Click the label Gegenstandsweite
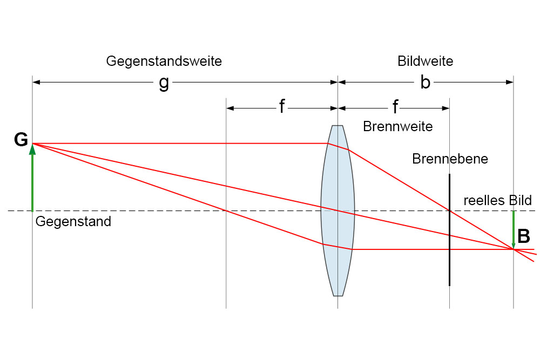coord(164,61)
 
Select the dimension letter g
coord(164,83)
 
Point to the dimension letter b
coord(426,83)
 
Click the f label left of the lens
coord(281,107)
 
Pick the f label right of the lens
coord(395,107)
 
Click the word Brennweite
coord(398,127)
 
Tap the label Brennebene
coord(450,159)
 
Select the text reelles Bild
coord(497,200)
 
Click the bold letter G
coord(21,140)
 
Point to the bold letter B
coord(524,236)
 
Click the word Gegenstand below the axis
coord(73,221)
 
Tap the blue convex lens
coord(338,210)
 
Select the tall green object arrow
coord(32,178)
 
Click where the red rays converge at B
coord(514,249)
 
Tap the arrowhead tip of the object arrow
coord(32,145)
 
